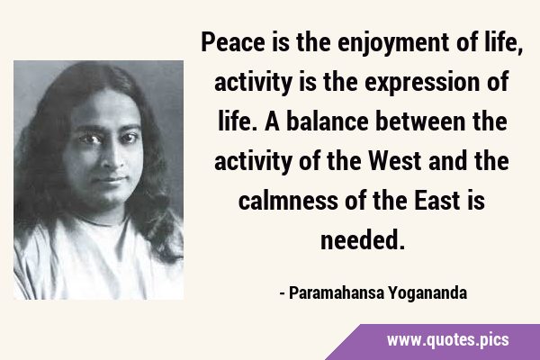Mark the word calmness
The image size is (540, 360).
point(288,201)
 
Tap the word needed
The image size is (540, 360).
point(362,240)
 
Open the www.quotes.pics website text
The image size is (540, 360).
point(448,340)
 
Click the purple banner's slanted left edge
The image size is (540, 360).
point(343,342)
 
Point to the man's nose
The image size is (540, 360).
point(114,157)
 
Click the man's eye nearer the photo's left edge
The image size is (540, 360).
point(90,139)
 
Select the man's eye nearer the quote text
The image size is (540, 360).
point(128,137)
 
